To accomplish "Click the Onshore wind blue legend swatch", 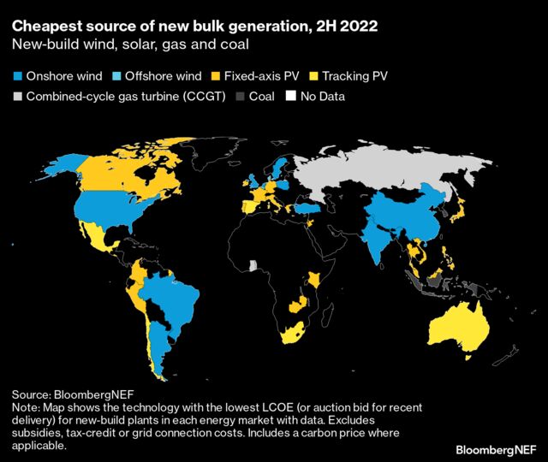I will [17, 76].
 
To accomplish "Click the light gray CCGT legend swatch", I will [17, 97].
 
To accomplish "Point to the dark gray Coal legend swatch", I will [241, 97].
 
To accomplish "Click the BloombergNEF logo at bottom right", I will [496, 448].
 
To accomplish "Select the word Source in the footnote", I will [31, 394].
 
